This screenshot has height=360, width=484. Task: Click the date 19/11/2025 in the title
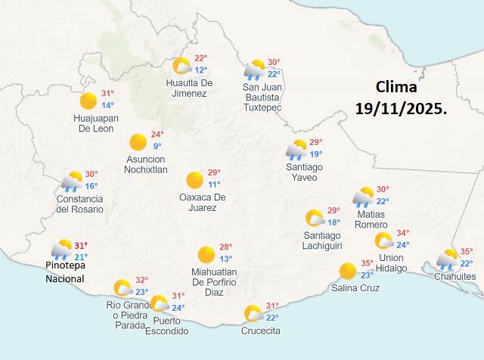(x=401, y=108)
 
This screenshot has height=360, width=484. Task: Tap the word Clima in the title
(x=400, y=85)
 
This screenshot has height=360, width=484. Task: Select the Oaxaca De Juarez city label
(x=202, y=202)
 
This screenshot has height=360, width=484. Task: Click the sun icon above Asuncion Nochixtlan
(x=138, y=141)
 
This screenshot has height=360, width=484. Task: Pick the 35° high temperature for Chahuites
(x=467, y=252)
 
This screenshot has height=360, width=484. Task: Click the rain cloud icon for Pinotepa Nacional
(x=61, y=250)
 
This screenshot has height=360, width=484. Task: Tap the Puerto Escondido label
(x=163, y=324)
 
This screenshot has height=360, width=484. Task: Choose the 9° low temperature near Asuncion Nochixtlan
(x=157, y=146)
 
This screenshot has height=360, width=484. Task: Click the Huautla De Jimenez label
(x=186, y=88)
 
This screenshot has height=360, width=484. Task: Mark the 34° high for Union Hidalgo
(x=403, y=234)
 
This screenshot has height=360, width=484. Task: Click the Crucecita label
(x=261, y=331)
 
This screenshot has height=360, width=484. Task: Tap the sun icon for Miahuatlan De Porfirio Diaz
(x=206, y=255)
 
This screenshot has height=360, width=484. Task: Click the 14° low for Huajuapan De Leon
(x=107, y=105)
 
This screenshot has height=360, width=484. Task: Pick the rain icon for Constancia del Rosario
(x=72, y=181)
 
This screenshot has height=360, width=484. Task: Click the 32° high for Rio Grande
(x=141, y=280)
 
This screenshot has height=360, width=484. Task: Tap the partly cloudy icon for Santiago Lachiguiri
(x=314, y=218)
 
